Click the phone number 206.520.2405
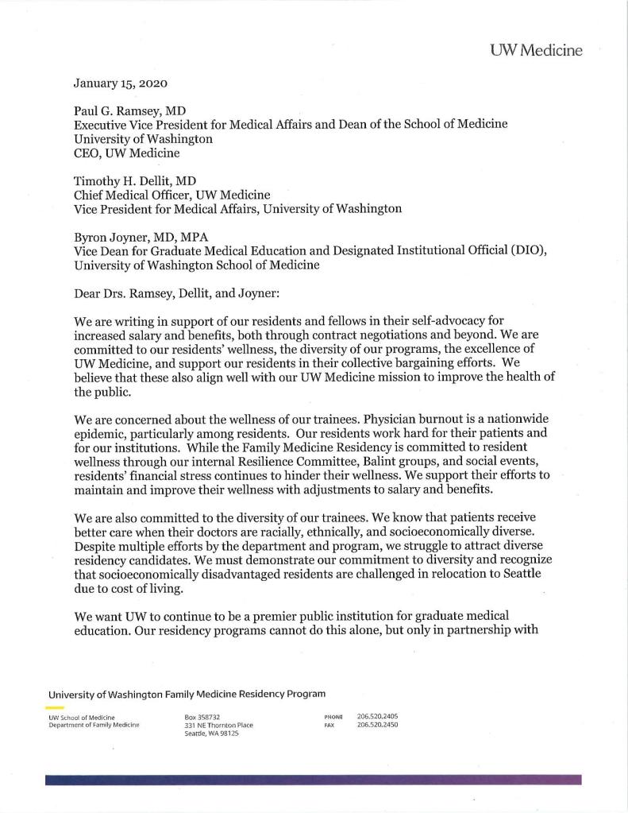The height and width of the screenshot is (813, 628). [378, 716]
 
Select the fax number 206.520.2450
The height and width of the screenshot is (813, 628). [378, 725]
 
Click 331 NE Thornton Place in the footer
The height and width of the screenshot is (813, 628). [218, 725]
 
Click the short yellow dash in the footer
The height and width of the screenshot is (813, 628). [55, 707]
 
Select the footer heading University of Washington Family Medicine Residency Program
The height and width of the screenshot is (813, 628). [187, 694]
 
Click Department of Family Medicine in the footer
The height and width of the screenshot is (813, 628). [94, 725]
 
